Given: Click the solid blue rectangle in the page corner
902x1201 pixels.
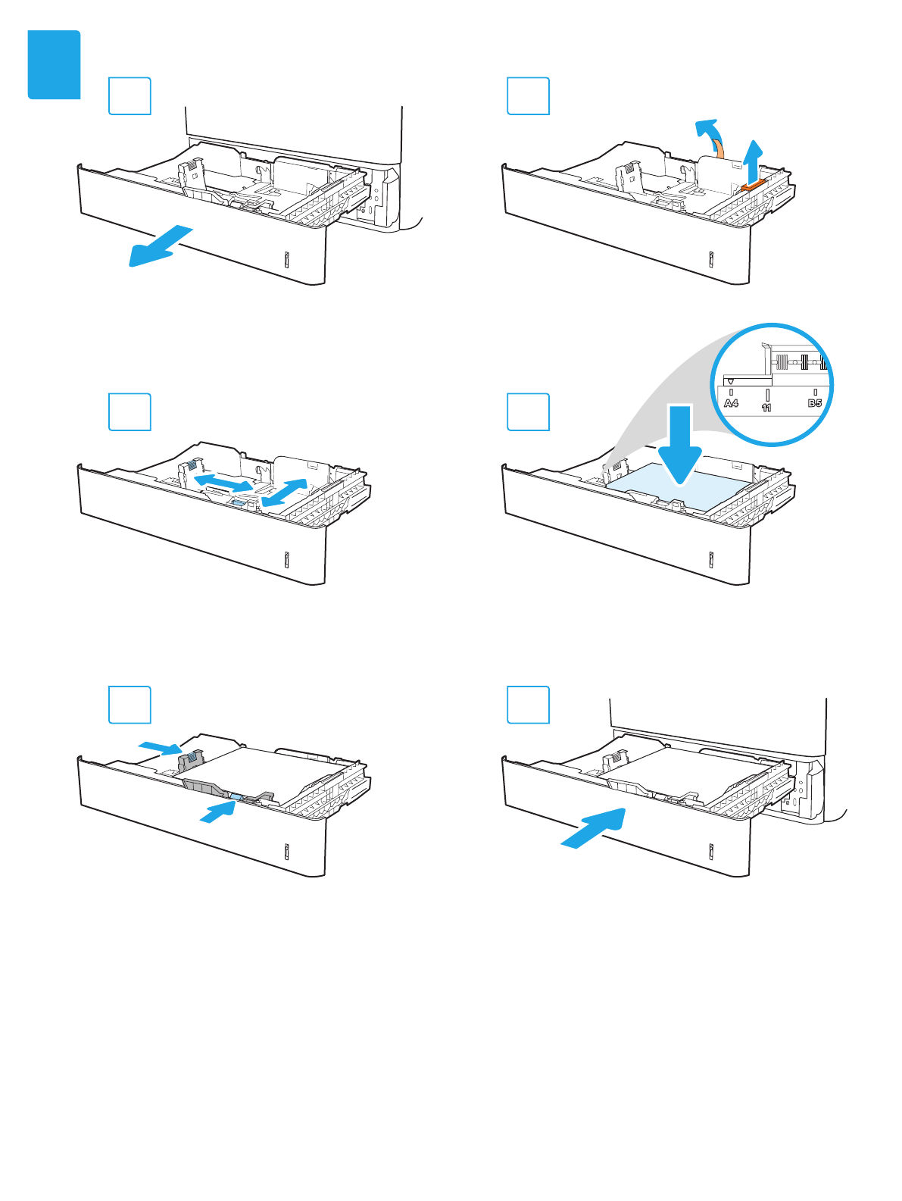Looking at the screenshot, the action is click(54, 64).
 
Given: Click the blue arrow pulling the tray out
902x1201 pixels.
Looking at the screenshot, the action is click(161, 246).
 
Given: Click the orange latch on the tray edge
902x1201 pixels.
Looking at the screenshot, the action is click(754, 186).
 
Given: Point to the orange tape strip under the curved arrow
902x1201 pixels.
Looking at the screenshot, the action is click(720, 150).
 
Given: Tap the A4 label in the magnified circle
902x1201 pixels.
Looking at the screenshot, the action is click(731, 403).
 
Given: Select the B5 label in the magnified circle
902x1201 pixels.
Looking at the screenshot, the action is click(815, 403).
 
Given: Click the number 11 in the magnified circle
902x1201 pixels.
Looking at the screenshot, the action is click(766, 408).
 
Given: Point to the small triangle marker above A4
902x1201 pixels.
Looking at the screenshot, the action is click(731, 381).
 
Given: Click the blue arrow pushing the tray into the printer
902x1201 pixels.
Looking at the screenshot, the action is click(594, 828).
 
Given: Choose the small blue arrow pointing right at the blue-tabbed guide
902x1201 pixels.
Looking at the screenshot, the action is click(160, 748).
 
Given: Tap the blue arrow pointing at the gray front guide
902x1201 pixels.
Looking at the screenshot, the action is click(218, 812).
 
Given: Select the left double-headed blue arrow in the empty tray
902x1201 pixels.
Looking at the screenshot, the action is click(223, 483).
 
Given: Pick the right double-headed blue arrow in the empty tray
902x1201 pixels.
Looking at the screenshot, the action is click(284, 493).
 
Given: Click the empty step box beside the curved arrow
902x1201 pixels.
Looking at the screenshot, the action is click(528, 95).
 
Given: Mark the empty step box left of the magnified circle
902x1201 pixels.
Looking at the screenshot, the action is click(528, 412).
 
